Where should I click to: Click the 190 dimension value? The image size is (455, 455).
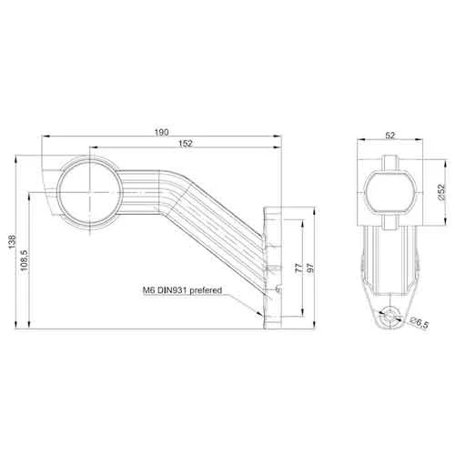[x=162, y=132]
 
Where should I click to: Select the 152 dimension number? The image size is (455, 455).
[x=186, y=143]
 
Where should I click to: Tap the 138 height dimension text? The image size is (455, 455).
[x=12, y=242]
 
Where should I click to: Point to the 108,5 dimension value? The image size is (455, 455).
[x=24, y=260]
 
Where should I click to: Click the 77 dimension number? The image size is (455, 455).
[x=299, y=268]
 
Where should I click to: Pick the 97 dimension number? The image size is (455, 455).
[x=311, y=268]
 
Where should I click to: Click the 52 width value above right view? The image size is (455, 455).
[x=390, y=136]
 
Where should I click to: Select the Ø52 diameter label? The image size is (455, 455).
[x=441, y=192]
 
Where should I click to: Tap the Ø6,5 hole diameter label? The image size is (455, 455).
[x=419, y=322]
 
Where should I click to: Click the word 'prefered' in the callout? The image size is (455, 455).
[x=206, y=290]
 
